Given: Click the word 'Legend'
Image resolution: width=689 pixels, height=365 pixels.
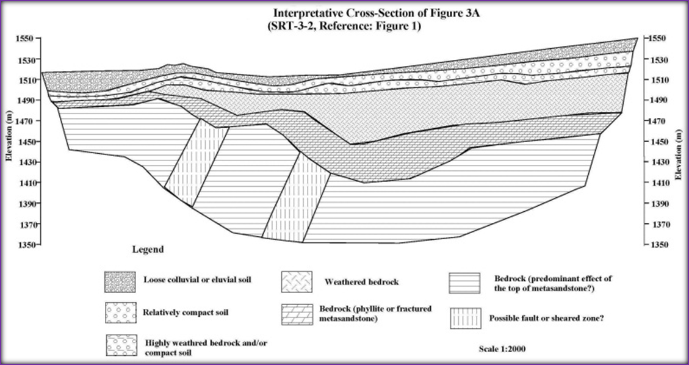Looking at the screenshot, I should [148, 250].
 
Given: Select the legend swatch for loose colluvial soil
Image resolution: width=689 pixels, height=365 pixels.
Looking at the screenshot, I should [118, 281].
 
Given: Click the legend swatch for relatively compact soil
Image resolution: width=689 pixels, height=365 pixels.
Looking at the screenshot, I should [118, 313].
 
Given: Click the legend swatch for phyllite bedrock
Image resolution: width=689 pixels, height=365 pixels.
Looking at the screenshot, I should [297, 313].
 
